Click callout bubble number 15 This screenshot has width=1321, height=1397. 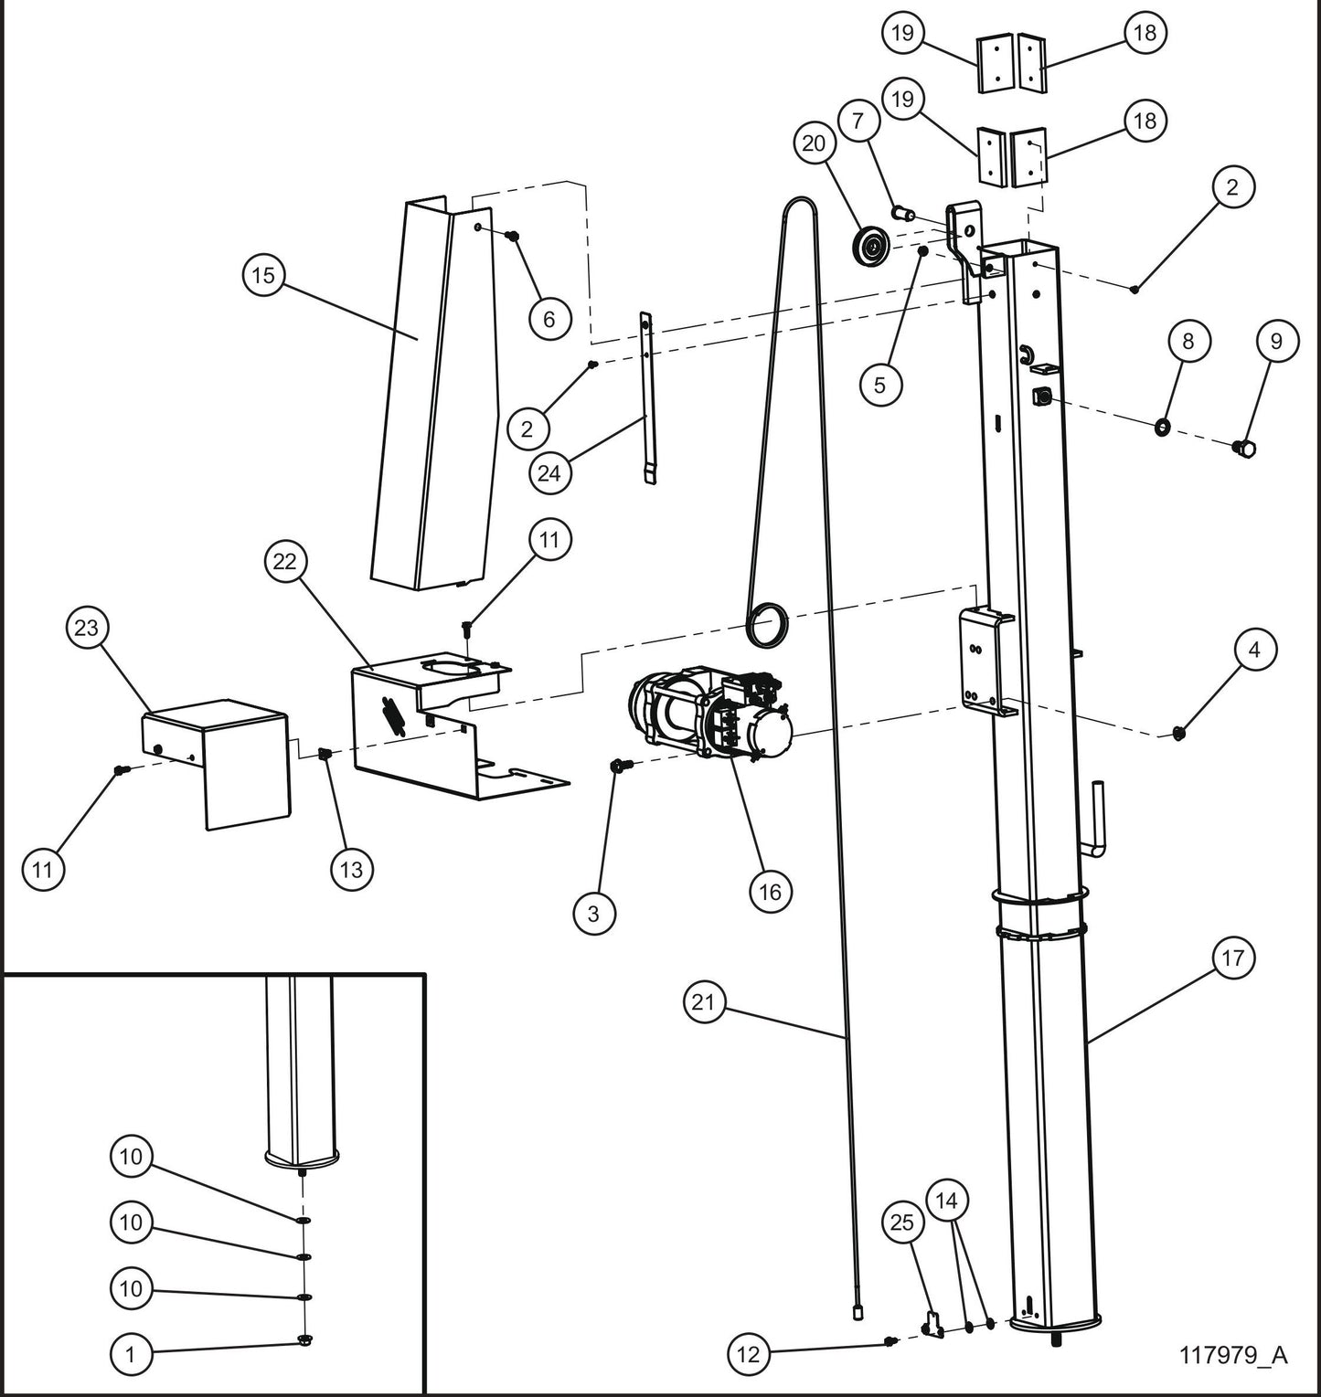[x=263, y=275]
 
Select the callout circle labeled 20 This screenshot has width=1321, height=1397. [x=814, y=143]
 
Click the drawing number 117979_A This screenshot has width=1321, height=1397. [x=1233, y=1354]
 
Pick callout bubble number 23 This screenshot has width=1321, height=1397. [x=88, y=628]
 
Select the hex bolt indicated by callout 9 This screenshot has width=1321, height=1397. [x=1244, y=449]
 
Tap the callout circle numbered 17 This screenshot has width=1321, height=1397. [x=1233, y=958]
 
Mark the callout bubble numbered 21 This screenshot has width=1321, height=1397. [x=703, y=1002]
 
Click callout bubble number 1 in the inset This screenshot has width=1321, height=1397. [x=131, y=1355]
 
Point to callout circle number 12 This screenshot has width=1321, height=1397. [x=749, y=1354]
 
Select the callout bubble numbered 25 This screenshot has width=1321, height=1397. [x=902, y=1222]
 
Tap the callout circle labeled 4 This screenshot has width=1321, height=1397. [x=1254, y=650]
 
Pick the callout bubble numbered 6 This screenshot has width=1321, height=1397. [x=549, y=318]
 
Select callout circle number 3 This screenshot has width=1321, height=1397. [x=594, y=913]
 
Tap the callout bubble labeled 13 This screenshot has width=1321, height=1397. [x=352, y=870]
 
